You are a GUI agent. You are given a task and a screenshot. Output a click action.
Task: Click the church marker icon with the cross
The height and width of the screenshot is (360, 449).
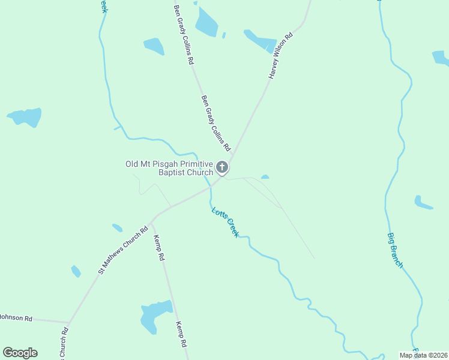(222, 167)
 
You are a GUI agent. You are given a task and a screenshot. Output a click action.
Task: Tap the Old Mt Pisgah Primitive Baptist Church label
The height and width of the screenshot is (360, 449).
(169, 168)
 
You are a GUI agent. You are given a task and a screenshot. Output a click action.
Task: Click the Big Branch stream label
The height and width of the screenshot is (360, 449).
(394, 250)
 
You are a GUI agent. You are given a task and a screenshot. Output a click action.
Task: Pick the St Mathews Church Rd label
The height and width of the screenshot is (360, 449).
(123, 251)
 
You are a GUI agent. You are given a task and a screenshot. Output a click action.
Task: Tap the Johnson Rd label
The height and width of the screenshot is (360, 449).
(15, 318)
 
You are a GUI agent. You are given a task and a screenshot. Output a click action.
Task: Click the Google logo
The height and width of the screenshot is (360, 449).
(20, 353)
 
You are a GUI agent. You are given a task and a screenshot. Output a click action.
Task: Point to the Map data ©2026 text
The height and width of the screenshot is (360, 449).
(423, 355)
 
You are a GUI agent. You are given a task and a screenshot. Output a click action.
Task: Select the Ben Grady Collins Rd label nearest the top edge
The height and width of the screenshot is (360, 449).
(184, 35)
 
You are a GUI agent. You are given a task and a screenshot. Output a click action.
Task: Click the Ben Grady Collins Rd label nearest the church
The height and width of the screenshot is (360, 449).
(215, 123)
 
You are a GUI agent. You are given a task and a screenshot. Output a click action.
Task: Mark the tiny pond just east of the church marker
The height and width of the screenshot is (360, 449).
(265, 177)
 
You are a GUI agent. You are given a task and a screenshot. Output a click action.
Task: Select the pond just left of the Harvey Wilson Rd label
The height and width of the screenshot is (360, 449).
(261, 40)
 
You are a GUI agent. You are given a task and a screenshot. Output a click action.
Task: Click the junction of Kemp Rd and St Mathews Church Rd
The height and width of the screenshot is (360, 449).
(152, 221)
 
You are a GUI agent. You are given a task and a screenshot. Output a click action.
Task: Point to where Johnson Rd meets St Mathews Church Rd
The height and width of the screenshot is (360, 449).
(69, 322)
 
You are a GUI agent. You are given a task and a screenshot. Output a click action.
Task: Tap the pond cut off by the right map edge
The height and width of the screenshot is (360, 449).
(441, 58)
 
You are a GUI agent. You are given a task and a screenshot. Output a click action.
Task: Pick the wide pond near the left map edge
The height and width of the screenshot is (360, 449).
(26, 116)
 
